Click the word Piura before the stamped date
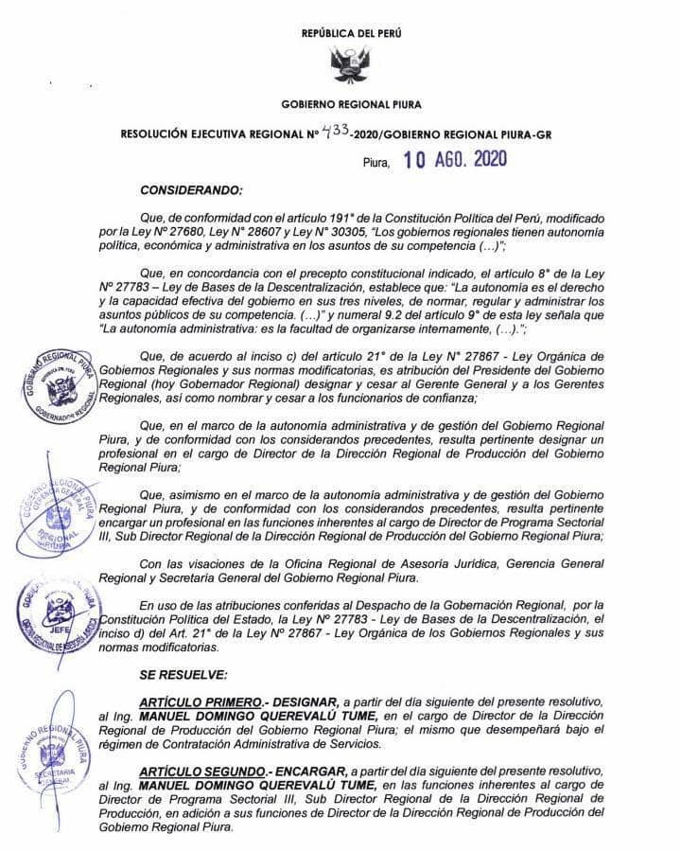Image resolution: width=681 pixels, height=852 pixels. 376,162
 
